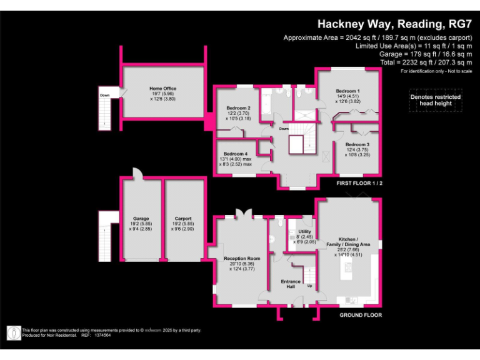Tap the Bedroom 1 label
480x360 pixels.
click(347, 91)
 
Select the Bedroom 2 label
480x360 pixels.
click(237, 107)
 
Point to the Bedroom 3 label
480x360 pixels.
click(357, 144)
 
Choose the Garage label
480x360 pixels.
click(141, 219)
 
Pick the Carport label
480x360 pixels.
click(183, 219)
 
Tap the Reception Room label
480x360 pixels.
click(242, 258)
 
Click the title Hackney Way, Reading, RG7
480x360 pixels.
click(394, 24)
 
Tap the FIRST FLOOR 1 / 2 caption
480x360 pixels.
click(359, 184)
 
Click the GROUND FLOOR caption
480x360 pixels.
click(361, 316)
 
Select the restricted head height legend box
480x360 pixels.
click(435, 100)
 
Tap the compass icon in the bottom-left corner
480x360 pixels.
click(12, 333)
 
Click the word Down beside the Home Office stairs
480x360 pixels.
click(104, 96)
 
